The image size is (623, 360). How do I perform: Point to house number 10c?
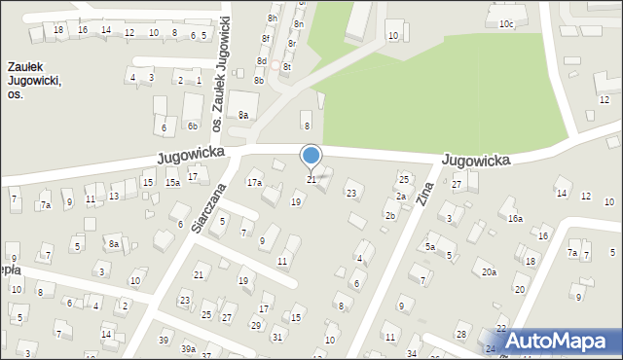tap(506, 24)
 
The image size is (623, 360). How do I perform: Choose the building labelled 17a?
tap(254, 182)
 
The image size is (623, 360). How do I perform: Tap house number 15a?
tap(172, 182)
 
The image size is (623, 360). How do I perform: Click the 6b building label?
tap(193, 126)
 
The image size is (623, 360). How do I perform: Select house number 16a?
tap(515, 219)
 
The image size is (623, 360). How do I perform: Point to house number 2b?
tap(390, 215)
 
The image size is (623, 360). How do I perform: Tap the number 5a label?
tap(429, 247)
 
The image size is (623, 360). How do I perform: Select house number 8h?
tap(273, 18)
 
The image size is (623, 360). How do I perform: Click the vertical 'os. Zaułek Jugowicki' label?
tap(222, 73)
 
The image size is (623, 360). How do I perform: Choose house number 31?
tap(277, 337)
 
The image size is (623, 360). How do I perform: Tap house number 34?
tap(413, 353)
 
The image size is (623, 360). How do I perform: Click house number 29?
tap(256, 325)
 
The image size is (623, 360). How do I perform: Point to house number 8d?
tap(262, 61)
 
